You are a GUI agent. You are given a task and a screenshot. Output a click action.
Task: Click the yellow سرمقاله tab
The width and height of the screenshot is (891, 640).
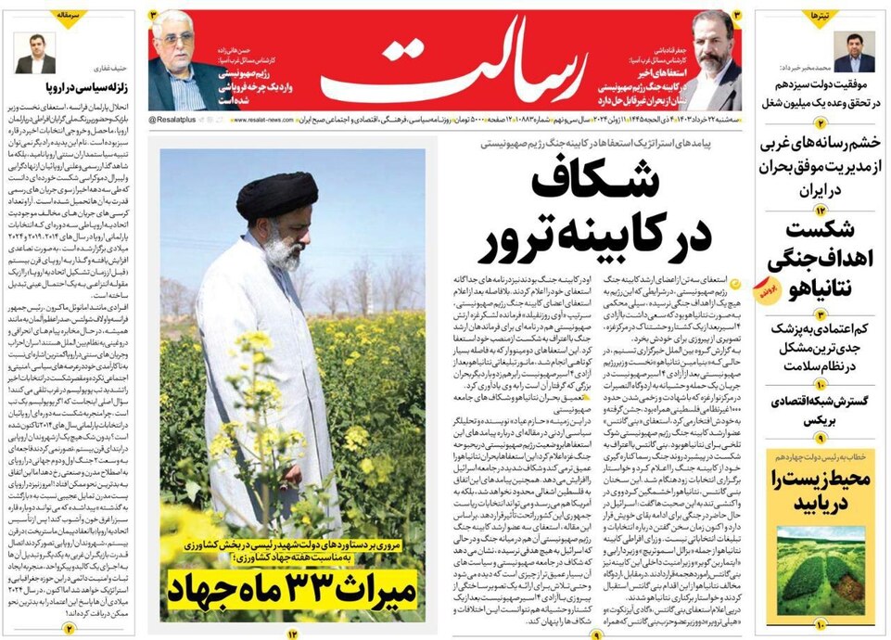click(x=70, y=16)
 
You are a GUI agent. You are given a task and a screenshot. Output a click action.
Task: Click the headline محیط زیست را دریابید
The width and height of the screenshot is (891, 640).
click(x=820, y=492)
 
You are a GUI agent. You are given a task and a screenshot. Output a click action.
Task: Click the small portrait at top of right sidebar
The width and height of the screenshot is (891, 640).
click(x=853, y=51)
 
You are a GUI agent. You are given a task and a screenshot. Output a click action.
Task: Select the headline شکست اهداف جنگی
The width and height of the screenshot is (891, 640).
click(x=820, y=245)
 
